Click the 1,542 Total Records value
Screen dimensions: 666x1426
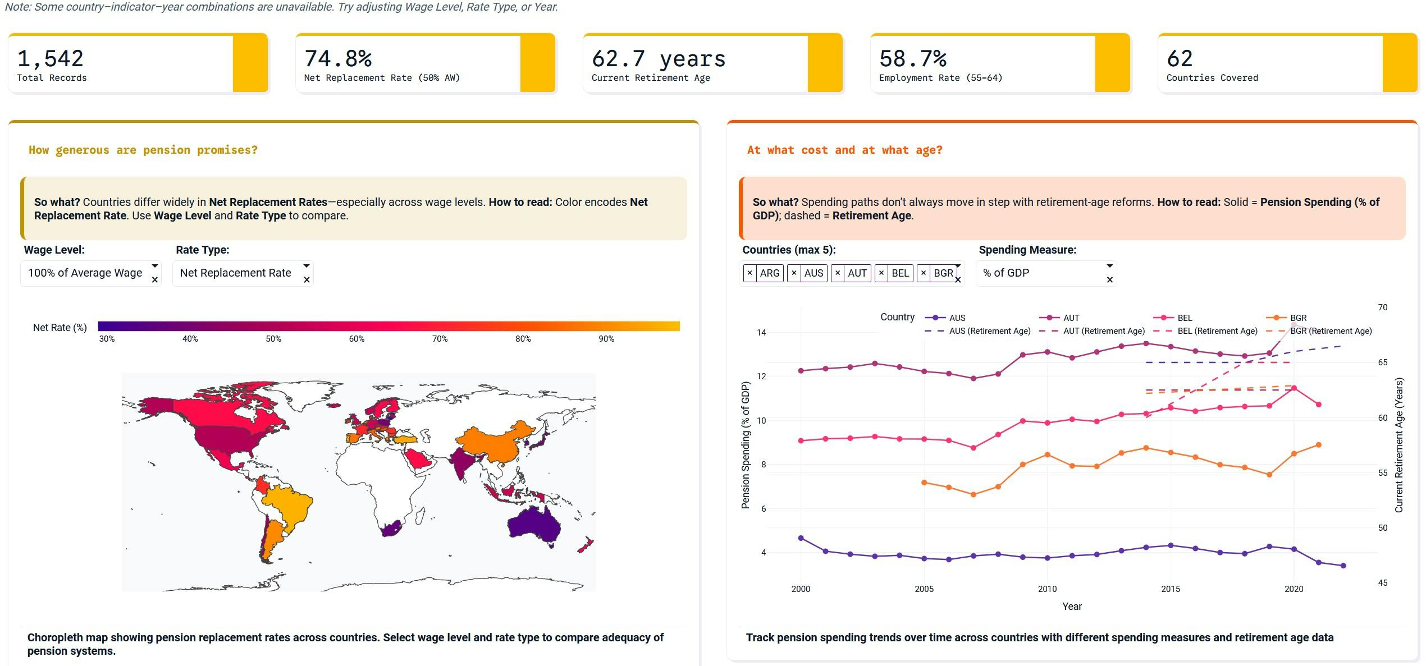click(x=51, y=59)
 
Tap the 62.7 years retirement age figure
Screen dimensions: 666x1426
click(x=659, y=59)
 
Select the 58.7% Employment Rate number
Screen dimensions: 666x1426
click(x=913, y=59)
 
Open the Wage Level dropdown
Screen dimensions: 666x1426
click(x=85, y=273)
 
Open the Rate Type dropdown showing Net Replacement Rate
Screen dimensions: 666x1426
click(x=236, y=273)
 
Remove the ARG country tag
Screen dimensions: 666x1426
click(x=750, y=273)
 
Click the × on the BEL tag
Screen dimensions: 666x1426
click(x=881, y=273)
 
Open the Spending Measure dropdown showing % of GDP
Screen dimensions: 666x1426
click(x=1039, y=273)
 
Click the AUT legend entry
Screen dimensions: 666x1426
click(x=1071, y=318)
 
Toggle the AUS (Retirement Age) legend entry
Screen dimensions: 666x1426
click(x=989, y=331)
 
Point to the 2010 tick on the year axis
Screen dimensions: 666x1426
click(x=1047, y=589)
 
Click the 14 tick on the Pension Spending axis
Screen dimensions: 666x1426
click(x=761, y=333)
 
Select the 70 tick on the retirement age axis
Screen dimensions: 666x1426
click(x=1382, y=307)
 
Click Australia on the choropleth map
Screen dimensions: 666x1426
click(x=533, y=525)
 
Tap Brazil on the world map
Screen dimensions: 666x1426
click(x=289, y=502)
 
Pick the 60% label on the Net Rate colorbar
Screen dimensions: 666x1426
click(x=356, y=339)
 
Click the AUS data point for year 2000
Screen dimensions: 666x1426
click(x=801, y=539)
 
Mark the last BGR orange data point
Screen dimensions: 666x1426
click(x=1319, y=445)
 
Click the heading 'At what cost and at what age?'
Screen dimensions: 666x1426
click(x=844, y=150)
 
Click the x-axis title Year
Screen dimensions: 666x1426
click(x=1072, y=607)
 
